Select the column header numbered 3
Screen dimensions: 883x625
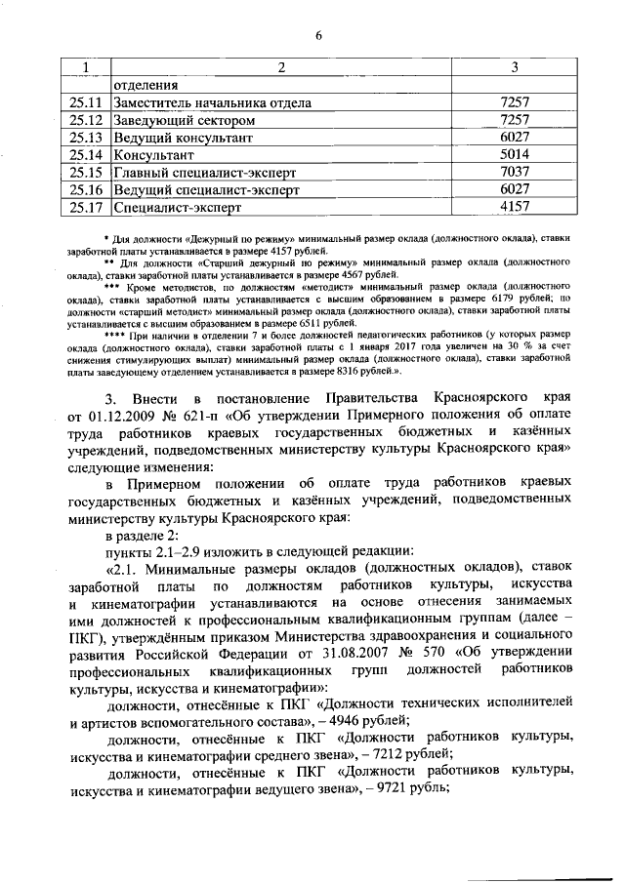pos(514,66)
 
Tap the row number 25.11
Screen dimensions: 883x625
pos(86,102)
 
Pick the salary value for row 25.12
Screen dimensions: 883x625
pos(514,120)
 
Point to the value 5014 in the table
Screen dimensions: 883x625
pos(514,154)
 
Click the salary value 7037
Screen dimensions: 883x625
pos(514,172)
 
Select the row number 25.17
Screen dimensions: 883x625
pos(86,207)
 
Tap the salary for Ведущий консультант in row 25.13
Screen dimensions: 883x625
pos(514,138)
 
